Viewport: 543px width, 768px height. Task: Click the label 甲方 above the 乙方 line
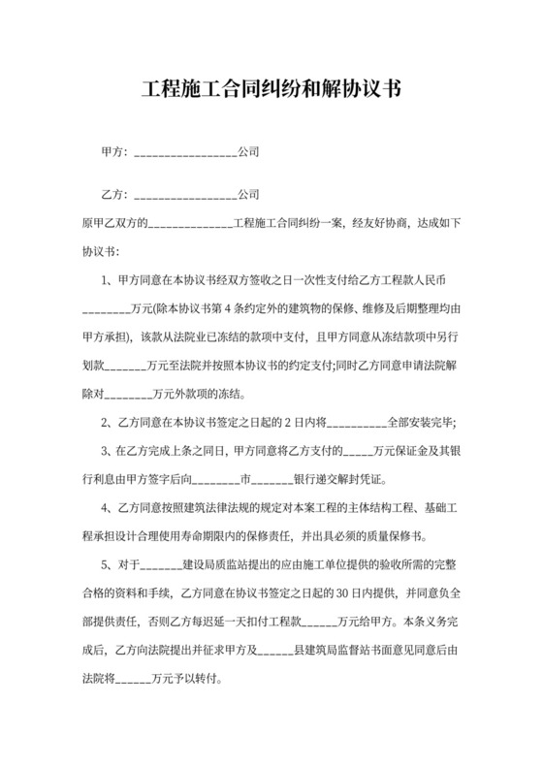113,153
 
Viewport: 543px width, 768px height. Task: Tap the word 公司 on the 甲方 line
248,153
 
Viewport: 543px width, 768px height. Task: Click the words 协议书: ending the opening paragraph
99,250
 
